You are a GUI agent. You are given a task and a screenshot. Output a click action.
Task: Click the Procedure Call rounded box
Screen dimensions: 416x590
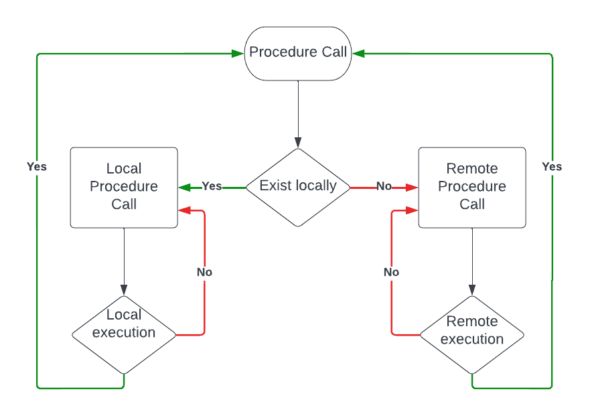pos(298,53)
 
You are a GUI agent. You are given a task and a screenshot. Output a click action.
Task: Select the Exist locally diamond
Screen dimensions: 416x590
pos(298,186)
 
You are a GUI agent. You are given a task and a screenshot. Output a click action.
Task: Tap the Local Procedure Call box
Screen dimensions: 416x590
pos(124,187)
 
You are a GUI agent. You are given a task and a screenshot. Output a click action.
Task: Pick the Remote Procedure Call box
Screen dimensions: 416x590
pos(472,187)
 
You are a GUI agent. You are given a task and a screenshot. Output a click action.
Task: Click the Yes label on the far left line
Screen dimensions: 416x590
pos(37,166)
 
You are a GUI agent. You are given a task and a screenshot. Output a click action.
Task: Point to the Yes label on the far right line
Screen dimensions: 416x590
pos(552,166)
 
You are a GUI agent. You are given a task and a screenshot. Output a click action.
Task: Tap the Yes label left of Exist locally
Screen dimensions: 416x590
pos(212,186)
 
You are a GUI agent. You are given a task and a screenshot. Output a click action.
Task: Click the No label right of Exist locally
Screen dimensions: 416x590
pos(384,186)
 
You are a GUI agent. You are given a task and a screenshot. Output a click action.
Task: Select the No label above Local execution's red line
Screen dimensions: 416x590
pos(204,272)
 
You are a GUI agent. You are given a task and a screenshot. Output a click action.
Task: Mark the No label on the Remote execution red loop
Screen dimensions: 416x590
pos(391,272)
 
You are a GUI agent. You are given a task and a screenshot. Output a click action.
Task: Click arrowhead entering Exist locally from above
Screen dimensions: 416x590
pos(298,143)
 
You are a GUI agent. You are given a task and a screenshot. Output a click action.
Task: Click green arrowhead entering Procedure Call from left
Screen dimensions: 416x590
pos(238,53)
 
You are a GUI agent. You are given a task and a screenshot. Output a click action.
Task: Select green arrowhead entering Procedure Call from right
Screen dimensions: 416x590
pos(358,53)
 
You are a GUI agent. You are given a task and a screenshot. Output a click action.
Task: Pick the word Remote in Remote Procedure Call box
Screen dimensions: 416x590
pos(472,169)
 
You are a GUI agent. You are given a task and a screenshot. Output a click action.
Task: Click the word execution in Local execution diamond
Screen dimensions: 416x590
pos(124,332)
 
